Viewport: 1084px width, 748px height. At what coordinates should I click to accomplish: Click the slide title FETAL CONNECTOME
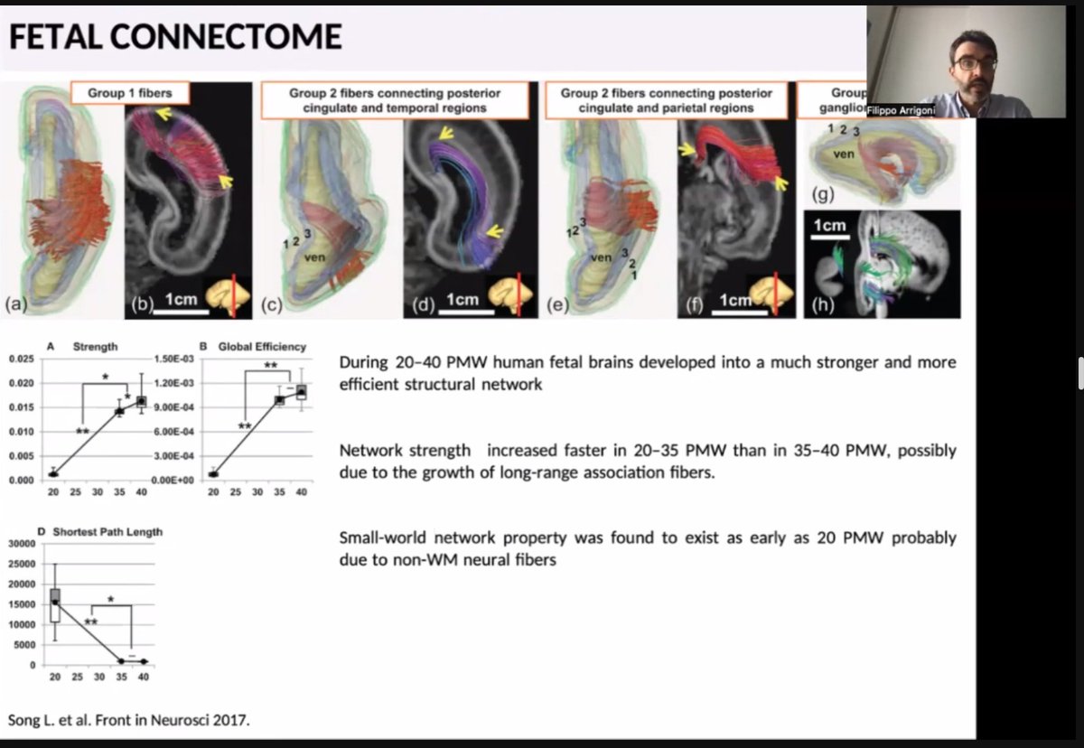click(x=175, y=37)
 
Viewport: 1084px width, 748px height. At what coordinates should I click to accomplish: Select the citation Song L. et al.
click(x=129, y=720)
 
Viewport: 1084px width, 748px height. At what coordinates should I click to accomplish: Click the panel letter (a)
click(x=15, y=305)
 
